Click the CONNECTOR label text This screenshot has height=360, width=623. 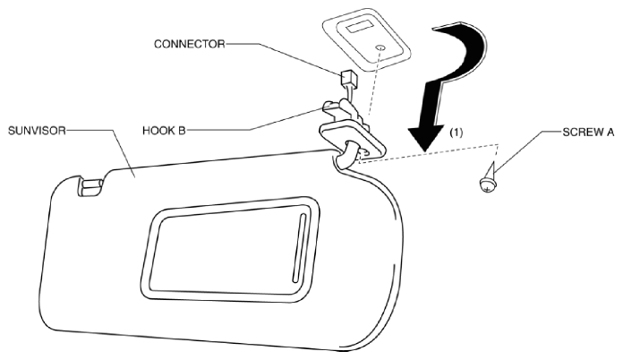point(189,44)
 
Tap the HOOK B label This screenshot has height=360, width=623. point(164,131)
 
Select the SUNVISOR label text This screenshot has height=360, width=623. point(37,131)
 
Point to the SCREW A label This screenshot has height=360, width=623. point(588,132)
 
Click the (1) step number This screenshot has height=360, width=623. point(457,133)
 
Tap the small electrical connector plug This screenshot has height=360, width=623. point(347,79)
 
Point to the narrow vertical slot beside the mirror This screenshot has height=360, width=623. point(298,248)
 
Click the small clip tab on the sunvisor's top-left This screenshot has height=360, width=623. point(90,187)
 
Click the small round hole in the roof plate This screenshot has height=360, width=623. point(380,48)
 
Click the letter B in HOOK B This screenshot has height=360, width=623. point(182,131)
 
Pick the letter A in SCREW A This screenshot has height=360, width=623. point(610,132)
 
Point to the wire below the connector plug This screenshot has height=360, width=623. point(350,94)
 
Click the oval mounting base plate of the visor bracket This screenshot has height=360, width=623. point(351,140)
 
